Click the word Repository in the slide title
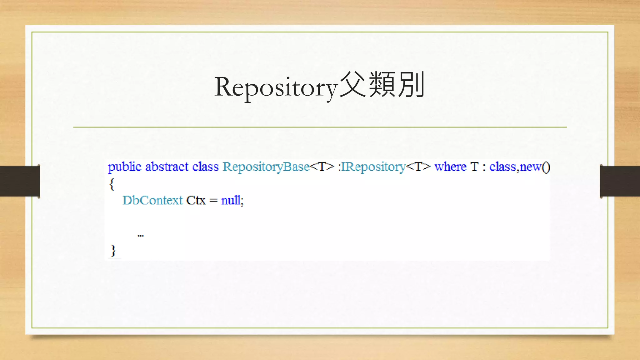coord(276,87)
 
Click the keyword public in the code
coord(124,167)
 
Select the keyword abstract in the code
coord(167,167)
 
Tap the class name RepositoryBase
coord(266,167)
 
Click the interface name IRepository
coord(373,167)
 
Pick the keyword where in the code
coord(450,167)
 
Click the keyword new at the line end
coord(530,167)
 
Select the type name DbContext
coord(152,200)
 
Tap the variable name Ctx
coord(196,200)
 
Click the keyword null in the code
coord(231,200)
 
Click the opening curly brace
coord(112,184)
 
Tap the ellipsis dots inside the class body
coord(141,236)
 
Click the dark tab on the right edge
coord(620,181)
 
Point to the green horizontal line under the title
coord(320,127)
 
